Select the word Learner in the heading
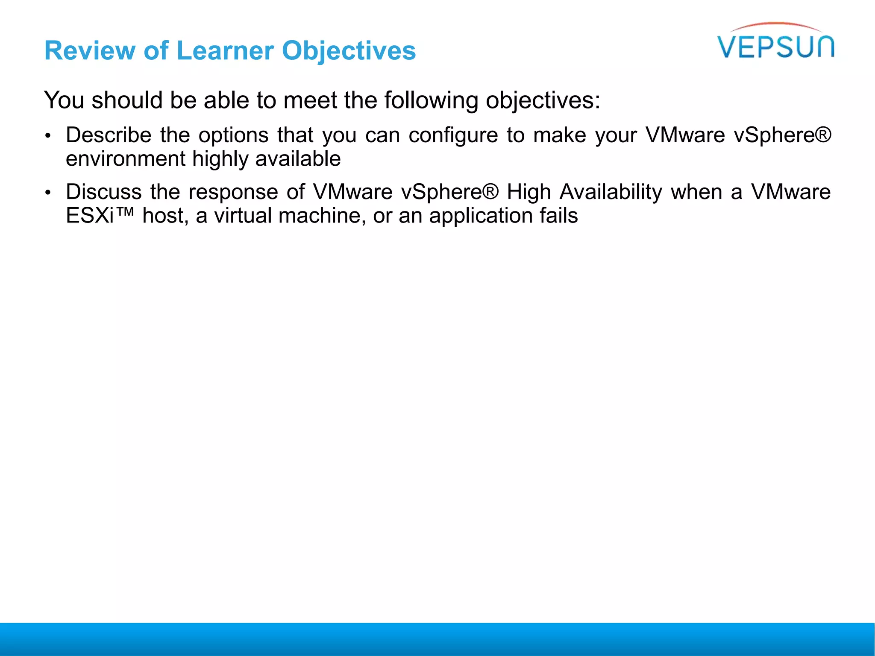tap(225, 51)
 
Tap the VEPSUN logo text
tap(776, 47)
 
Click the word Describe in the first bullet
tap(109, 135)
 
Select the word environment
tap(126, 159)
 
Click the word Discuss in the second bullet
tap(104, 192)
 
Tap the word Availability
tap(611, 193)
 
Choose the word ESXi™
tap(99, 216)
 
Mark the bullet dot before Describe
tap(48, 136)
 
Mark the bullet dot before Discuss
tap(48, 193)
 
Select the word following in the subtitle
tap(431, 101)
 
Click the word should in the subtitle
tap(127, 100)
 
